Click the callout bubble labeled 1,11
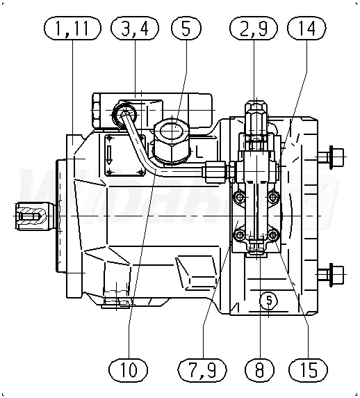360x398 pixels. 72,28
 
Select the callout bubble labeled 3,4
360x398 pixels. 135,28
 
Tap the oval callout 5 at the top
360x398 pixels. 186,28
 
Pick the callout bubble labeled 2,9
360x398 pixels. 254,28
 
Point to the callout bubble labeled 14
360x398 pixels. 306,28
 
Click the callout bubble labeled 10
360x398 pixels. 129,369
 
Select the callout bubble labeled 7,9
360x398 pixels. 202,369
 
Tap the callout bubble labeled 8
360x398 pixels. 259,369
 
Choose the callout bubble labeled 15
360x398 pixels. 308,369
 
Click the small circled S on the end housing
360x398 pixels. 269,301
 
